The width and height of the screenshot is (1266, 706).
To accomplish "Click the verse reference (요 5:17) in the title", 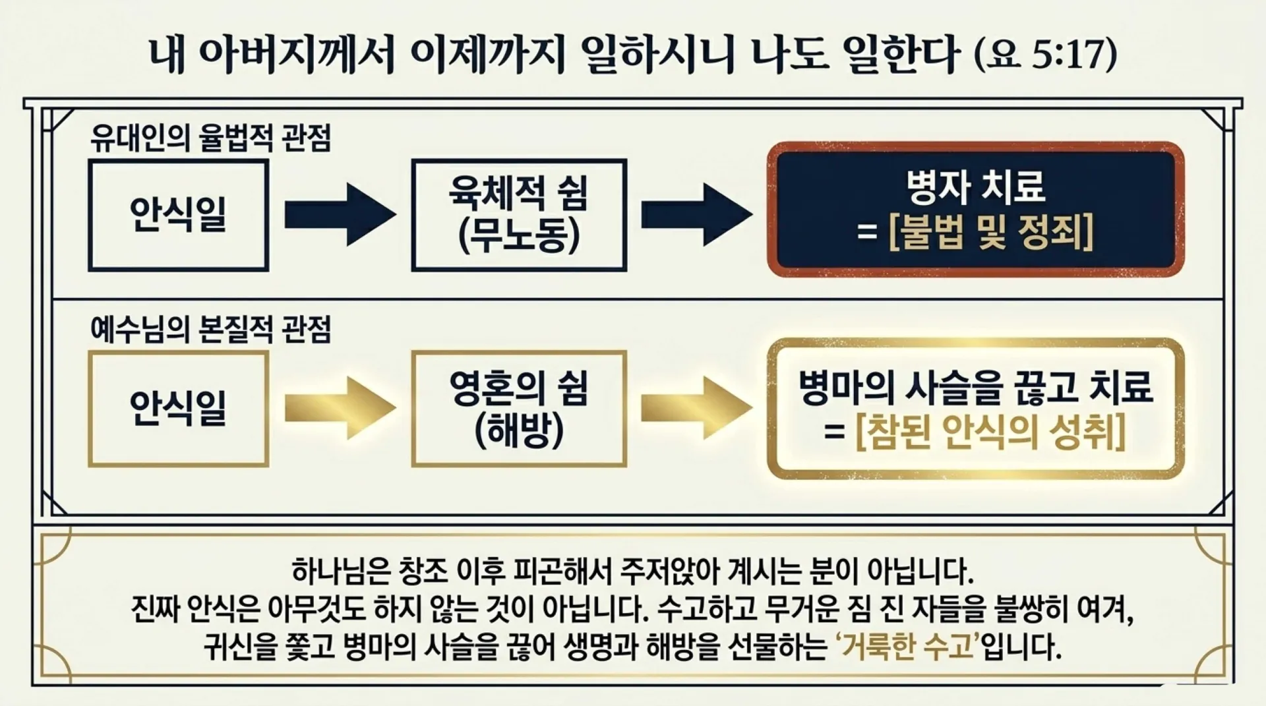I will click(x=1045, y=54).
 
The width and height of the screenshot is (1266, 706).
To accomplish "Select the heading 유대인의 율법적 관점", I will click(x=210, y=138).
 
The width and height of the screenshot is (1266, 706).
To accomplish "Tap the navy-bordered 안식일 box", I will click(x=178, y=215).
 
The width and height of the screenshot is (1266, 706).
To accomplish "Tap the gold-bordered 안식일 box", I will click(x=178, y=408).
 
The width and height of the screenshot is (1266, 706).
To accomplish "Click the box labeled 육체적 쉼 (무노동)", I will click(x=519, y=215).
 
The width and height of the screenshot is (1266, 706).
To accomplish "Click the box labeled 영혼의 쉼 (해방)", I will click(x=519, y=408).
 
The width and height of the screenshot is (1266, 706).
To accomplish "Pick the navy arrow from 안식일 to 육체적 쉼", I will click(x=340, y=215).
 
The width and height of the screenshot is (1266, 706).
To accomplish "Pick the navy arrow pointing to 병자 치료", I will click(x=696, y=215).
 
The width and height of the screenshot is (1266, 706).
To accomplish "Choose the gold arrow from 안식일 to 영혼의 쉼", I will click(x=340, y=408).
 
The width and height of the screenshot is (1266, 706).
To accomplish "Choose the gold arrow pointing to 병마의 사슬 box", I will click(x=696, y=408).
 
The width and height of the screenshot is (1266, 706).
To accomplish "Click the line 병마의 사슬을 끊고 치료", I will click(x=976, y=387).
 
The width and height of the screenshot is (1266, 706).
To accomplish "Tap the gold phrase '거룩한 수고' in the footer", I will click(x=907, y=647).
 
